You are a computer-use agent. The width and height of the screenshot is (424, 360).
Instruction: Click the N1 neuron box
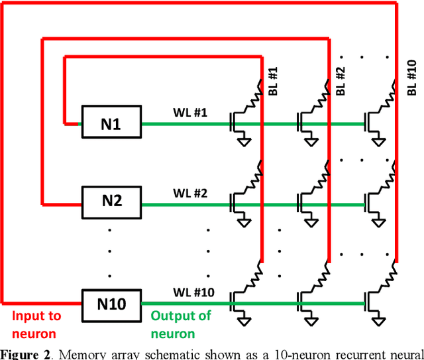pos(111,122)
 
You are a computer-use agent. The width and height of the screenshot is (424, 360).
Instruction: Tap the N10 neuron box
pos(111,304)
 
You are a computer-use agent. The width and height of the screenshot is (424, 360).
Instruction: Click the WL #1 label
pos(191,113)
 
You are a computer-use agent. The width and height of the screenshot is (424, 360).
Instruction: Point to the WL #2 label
pos(191,194)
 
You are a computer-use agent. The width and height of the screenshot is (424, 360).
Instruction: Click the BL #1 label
pos(273,85)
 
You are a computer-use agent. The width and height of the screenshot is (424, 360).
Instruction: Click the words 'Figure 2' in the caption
pos(25,353)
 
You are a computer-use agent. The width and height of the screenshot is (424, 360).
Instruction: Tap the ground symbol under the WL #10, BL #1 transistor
pos(246,323)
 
